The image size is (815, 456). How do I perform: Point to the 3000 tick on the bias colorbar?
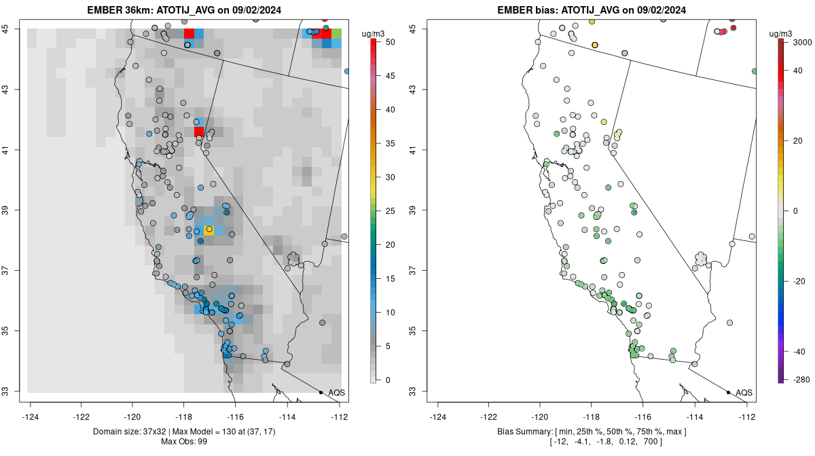803,42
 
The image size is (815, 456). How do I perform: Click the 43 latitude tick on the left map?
15,89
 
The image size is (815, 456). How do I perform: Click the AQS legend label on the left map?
336,393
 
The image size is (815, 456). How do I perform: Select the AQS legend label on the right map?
744,393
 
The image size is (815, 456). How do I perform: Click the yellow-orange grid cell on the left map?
209,231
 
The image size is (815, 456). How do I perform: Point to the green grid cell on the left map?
336,33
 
